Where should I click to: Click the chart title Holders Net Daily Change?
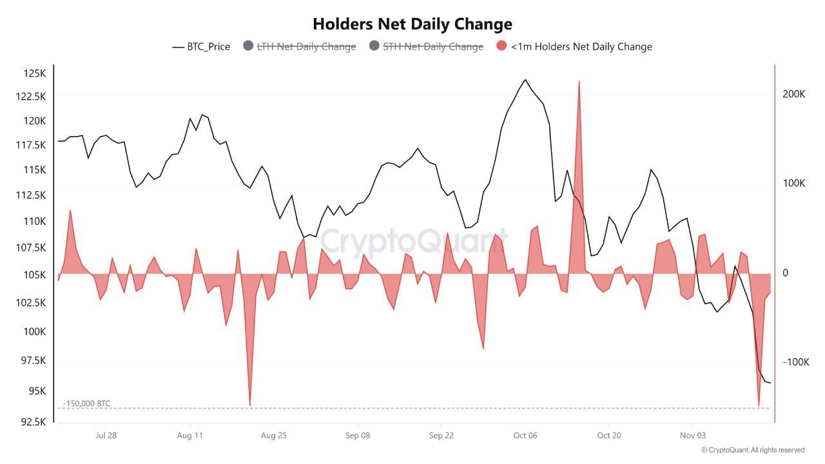[412, 24]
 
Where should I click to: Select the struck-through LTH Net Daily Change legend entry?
[306, 46]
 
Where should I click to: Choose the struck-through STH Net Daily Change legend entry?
[432, 46]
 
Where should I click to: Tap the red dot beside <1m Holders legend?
[502, 46]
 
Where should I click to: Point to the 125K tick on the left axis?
[34, 73]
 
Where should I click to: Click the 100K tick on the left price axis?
[34, 331]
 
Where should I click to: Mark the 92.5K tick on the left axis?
[32, 422]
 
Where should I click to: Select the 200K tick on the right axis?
[794, 94]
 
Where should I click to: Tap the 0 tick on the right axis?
[786, 273]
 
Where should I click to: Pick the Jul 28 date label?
[106, 436]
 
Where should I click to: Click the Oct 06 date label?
[525, 436]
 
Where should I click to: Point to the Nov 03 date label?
[692, 436]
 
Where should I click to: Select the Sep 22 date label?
[441, 436]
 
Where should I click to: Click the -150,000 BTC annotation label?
[87, 403]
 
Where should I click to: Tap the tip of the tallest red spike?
[579, 81]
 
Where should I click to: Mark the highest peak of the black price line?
[525, 79]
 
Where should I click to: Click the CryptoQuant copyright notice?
[752, 450]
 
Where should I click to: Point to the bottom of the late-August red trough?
[249, 405]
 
